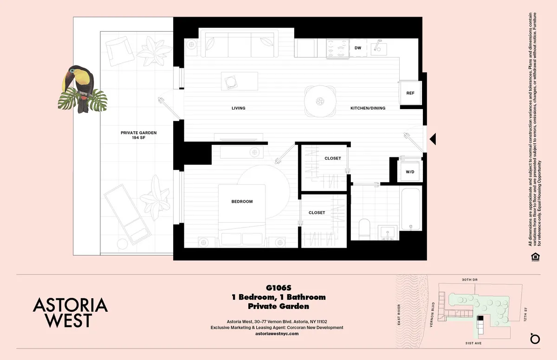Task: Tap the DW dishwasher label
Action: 358,48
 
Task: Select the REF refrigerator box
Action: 410,93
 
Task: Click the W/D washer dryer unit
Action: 410,172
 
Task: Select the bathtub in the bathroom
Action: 411,212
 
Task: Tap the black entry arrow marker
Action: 433,138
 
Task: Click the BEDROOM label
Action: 242,201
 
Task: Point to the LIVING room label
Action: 238,108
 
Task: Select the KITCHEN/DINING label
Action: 368,108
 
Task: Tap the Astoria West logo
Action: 70,312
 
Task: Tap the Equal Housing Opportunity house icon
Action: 535,257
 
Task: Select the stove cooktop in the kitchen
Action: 337,48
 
